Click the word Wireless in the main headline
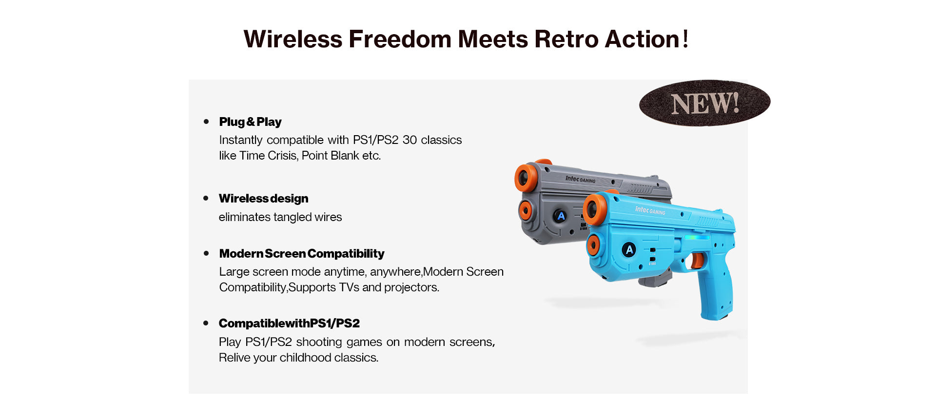pos(293,39)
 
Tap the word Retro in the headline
pos(566,39)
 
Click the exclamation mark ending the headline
pos(685,39)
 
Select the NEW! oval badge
pos(704,103)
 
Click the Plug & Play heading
pos(250,121)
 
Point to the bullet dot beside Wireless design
pos(206,198)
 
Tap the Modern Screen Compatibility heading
pos(302,254)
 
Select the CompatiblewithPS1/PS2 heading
pos(289,323)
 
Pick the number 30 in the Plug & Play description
pos(409,140)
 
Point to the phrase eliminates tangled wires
pos(280,217)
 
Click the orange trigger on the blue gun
pos(697,260)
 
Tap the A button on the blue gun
pos(629,250)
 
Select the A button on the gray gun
pos(561,216)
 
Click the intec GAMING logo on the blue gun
pos(650,210)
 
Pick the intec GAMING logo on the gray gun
pos(580,179)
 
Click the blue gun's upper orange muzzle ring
pos(595,209)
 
